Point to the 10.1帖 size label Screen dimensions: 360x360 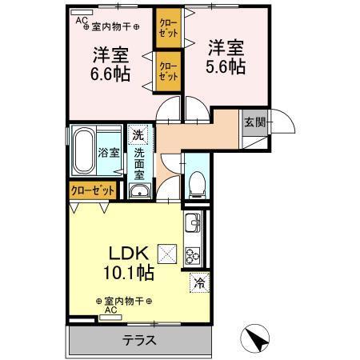pos(127,272)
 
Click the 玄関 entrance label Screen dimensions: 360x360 pos(254,122)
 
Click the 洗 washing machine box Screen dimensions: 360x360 pos(138,134)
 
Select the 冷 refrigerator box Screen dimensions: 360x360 pos(198,282)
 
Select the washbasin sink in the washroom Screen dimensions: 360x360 pos(138,190)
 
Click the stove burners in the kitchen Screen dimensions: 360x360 pos(194,257)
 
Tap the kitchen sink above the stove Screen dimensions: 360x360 pos(194,224)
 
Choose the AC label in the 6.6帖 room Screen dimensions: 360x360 pos(81,22)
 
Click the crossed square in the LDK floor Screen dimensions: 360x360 pos(169,253)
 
